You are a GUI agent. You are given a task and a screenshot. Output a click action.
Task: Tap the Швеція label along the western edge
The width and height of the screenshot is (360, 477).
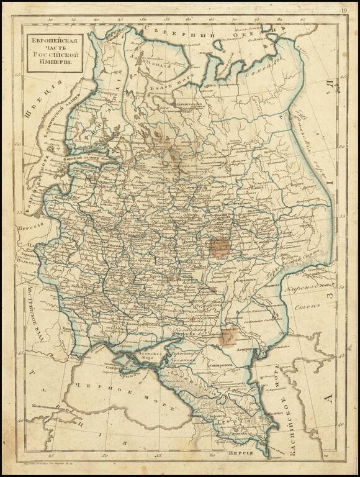pos(34,109)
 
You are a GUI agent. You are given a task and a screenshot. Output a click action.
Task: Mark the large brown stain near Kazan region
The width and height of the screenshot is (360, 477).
pos(219,247)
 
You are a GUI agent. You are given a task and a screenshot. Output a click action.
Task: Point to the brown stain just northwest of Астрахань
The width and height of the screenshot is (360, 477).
pos(228,336)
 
